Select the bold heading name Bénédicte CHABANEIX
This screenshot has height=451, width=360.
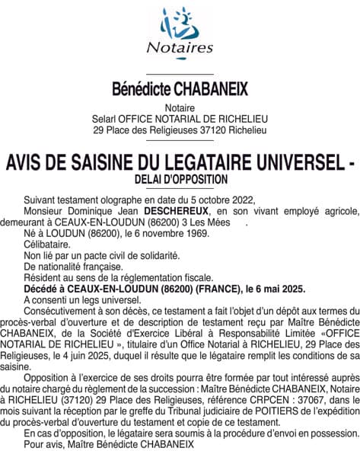[180, 90]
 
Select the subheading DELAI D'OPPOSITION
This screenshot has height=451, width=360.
[180, 179]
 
